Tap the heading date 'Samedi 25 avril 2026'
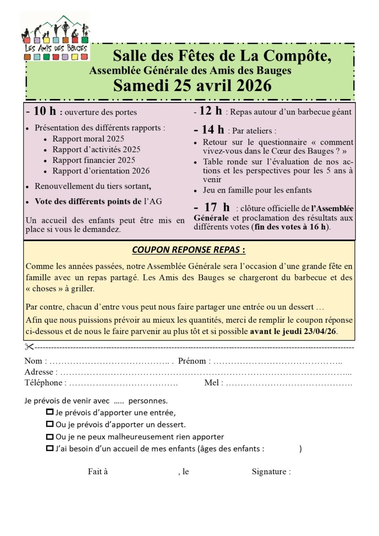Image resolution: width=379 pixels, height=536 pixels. [192, 85]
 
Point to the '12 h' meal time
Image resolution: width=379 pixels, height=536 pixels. [210, 111]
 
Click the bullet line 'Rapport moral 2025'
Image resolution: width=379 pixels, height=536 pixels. [88, 139]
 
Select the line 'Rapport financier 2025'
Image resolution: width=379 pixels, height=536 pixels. [93, 160]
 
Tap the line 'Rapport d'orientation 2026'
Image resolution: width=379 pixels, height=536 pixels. [101, 171]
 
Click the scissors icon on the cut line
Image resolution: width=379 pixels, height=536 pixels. [29, 347]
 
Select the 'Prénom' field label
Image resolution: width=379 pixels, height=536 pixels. [192, 361]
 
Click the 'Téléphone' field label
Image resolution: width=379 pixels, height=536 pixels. [43, 383]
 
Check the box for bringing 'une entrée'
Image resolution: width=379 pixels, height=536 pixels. [50, 412]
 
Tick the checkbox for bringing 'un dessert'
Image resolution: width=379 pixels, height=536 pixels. [50, 424]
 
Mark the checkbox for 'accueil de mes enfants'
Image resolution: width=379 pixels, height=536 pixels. [50, 448]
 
